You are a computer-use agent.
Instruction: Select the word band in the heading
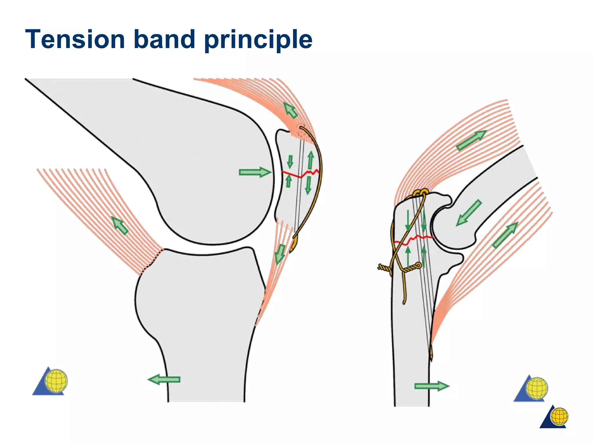pos(164,39)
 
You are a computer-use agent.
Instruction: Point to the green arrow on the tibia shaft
pos(164,379)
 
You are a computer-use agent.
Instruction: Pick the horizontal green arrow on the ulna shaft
pos(431,386)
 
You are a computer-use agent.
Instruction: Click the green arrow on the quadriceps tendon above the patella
pos(291,110)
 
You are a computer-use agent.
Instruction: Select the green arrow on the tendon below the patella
pos(280,254)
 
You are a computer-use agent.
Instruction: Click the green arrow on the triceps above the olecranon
pos(471,140)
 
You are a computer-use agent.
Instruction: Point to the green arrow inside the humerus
pos(469,213)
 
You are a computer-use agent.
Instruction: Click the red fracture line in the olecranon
pos(413,239)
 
